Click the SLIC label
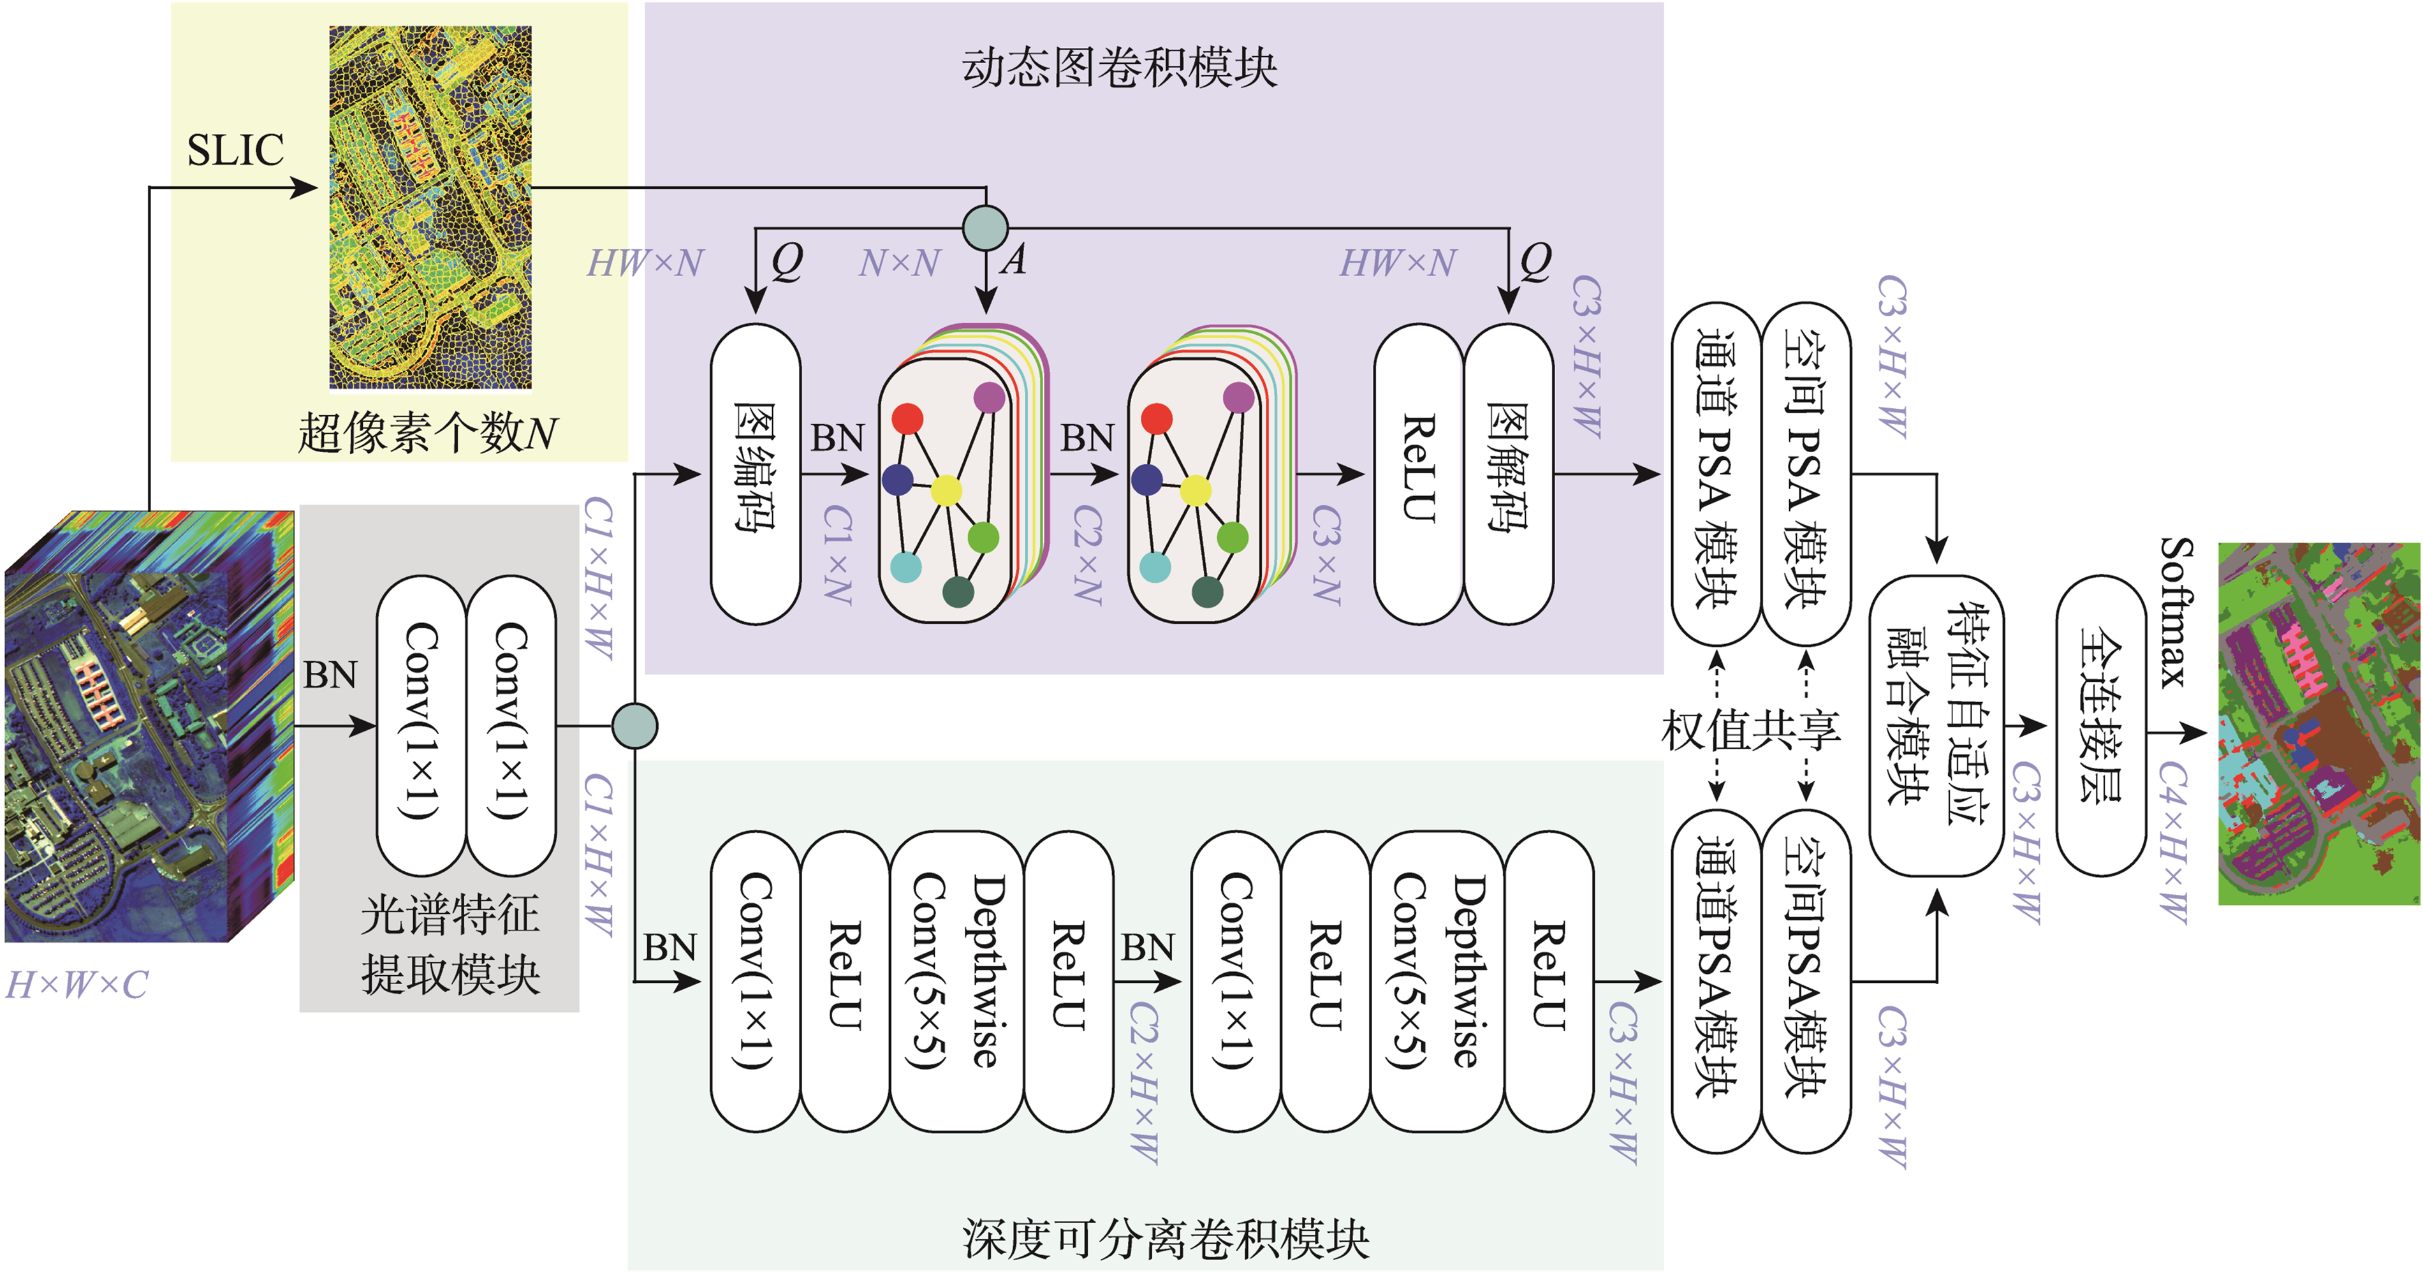click(235, 151)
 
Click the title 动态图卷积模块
click(1119, 68)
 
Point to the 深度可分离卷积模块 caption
click(1164, 1238)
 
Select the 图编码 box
click(754, 473)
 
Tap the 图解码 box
click(1508, 473)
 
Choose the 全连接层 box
click(2100, 725)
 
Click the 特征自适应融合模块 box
click(1936, 725)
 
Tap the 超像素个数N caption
click(428, 433)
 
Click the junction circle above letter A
click(985, 228)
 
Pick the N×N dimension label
click(899, 263)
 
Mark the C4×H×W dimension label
click(2173, 842)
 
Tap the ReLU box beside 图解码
click(1419, 473)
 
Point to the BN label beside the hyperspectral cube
click(330, 675)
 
